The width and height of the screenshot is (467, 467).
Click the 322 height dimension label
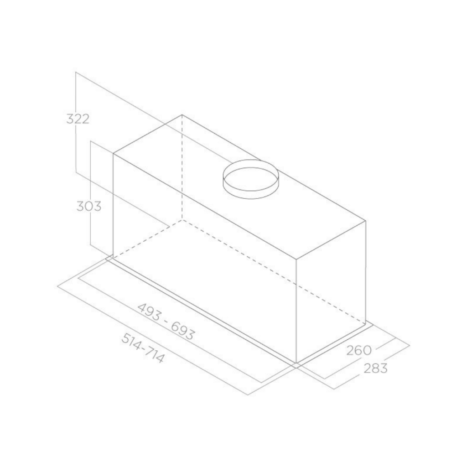(x=78, y=119)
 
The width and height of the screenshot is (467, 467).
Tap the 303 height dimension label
(x=89, y=206)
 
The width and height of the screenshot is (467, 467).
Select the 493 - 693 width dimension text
(x=166, y=322)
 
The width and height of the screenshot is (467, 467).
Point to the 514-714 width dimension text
(x=143, y=348)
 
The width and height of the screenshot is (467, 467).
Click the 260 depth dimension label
(x=359, y=350)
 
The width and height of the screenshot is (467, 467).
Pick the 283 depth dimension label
(x=376, y=368)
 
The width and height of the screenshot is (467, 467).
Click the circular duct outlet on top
(x=250, y=179)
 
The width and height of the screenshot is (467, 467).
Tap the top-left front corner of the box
(x=113, y=154)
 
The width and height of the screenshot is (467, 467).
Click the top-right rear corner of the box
(x=365, y=221)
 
